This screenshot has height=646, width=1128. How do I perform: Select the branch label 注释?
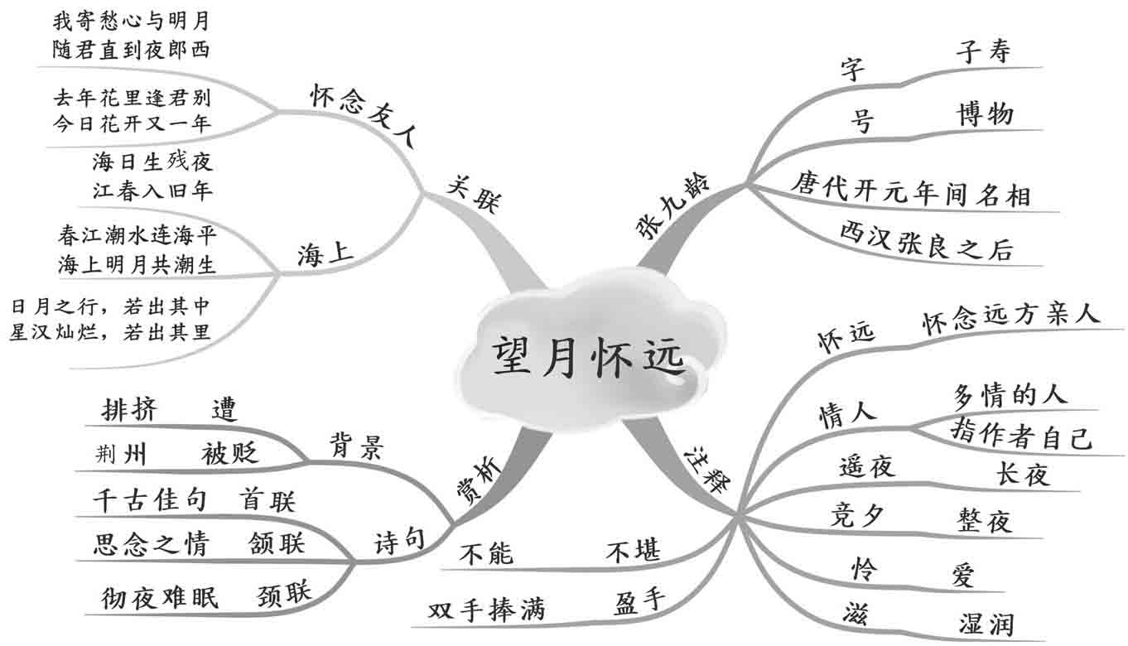pos(706,470)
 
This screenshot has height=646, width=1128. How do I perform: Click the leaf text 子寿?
pos(983,53)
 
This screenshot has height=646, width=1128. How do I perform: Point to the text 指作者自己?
pos(1020,436)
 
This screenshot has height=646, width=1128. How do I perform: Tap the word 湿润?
pos(986,624)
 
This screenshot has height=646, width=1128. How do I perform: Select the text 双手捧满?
pos(487,611)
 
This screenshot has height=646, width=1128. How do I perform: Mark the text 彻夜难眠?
pos(160,597)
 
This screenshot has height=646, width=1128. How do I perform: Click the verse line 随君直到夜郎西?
pos(130,50)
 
